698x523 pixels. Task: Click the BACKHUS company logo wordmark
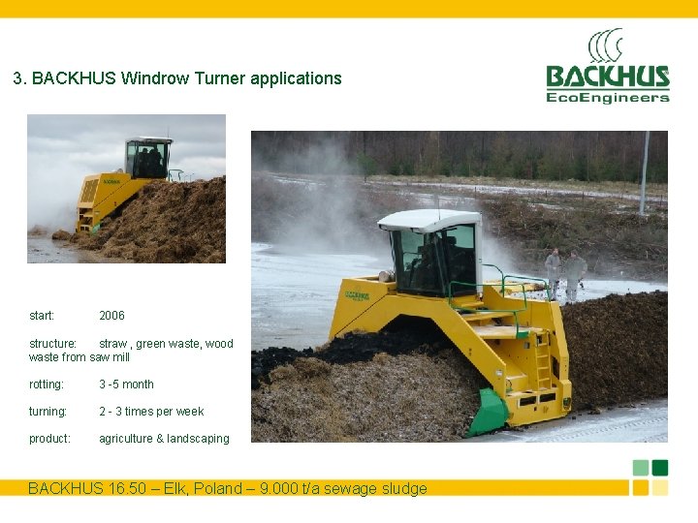pyautogui.click(x=607, y=77)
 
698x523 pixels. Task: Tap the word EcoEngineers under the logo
pyautogui.click(x=607, y=97)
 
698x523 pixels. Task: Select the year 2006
pyautogui.click(x=111, y=316)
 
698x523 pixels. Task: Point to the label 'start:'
pyautogui.click(x=42, y=316)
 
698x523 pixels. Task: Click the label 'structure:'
pyautogui.click(x=52, y=344)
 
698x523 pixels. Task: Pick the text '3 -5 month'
pyautogui.click(x=126, y=385)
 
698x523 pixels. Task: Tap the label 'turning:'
pyautogui.click(x=48, y=412)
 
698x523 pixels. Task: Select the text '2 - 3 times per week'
pyautogui.click(x=151, y=412)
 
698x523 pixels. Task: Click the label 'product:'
pyautogui.click(x=49, y=439)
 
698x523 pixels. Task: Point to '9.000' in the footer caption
pyautogui.click(x=281, y=488)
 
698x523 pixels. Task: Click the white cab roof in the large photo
pyautogui.click(x=429, y=219)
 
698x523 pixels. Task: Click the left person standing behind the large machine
pyautogui.click(x=553, y=271)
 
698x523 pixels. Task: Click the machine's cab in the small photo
pyautogui.click(x=148, y=158)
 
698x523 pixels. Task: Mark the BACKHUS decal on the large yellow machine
pyautogui.click(x=357, y=293)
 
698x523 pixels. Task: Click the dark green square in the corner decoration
pyautogui.click(x=660, y=468)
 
